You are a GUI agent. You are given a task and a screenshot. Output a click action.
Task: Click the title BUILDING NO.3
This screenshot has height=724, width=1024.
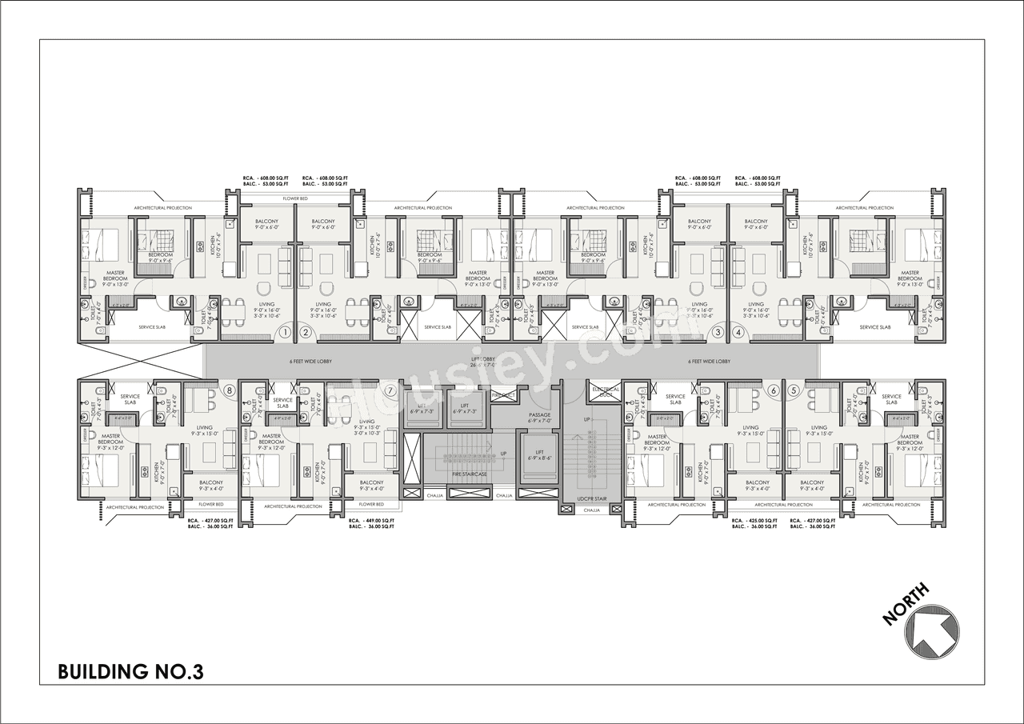coord(130,671)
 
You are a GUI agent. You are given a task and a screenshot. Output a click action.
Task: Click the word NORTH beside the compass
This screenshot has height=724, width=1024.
coord(906,603)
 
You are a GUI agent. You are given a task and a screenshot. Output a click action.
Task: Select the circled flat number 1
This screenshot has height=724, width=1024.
coord(283,332)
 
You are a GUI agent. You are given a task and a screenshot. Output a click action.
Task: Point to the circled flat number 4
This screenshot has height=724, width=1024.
coord(738,332)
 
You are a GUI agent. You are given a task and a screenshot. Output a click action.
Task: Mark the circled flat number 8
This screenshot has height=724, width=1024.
coord(230,390)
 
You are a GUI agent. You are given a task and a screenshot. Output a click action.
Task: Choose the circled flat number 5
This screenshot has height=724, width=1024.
coord(794,390)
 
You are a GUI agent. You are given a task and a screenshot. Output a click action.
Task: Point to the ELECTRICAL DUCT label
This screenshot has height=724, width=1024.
coord(606,390)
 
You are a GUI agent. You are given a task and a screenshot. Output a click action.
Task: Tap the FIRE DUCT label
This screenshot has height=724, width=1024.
coord(502,395)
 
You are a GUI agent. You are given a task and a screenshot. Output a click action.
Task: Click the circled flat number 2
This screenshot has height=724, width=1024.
coord(305,332)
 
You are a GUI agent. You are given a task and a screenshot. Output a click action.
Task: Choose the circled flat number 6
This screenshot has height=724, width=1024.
coord(773,390)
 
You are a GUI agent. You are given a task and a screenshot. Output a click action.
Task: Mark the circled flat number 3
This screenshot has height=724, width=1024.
coord(718,332)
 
